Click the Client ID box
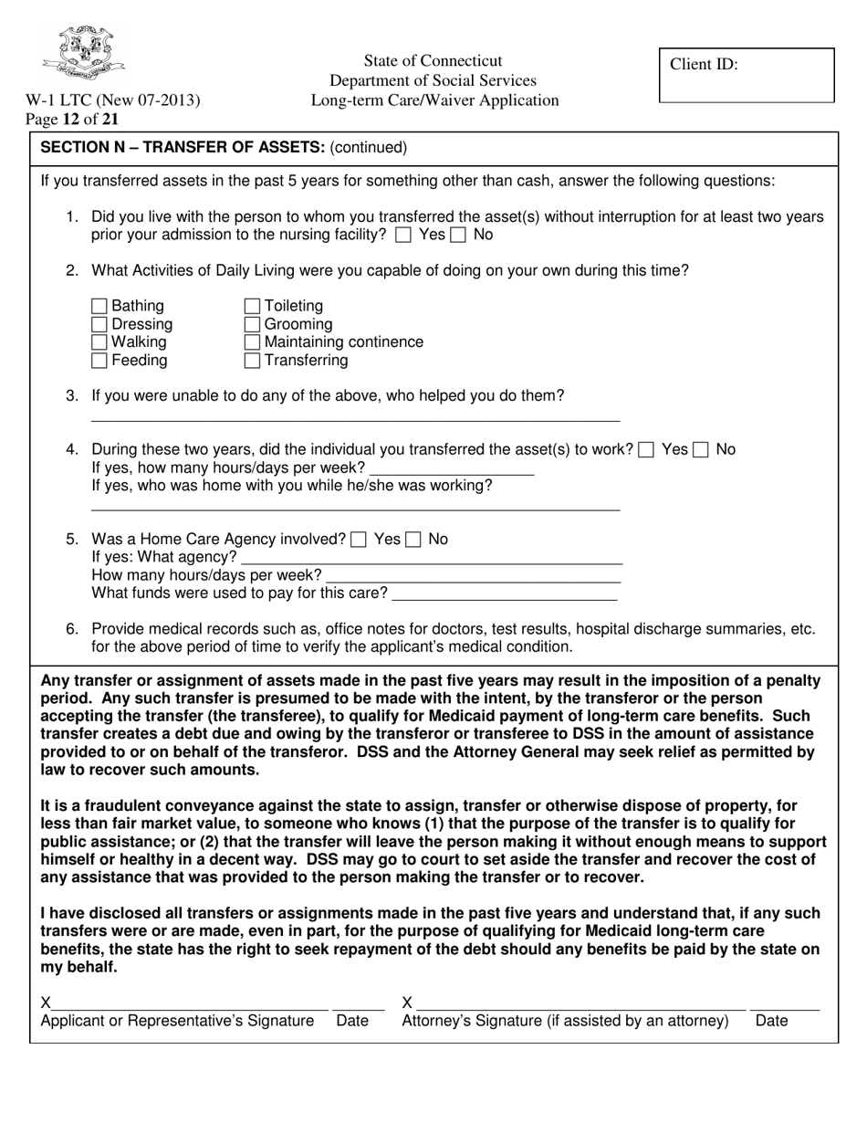[747, 75]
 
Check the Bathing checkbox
[100, 306]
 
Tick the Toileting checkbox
[253, 306]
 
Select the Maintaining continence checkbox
[253, 342]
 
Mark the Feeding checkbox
[100, 361]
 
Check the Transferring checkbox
[253, 361]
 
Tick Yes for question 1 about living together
[404, 236]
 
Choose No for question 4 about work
[702, 450]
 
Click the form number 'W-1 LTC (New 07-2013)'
[112, 100]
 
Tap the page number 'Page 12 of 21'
[72, 119]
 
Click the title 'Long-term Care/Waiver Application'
[434, 100]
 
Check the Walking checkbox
[100, 342]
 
